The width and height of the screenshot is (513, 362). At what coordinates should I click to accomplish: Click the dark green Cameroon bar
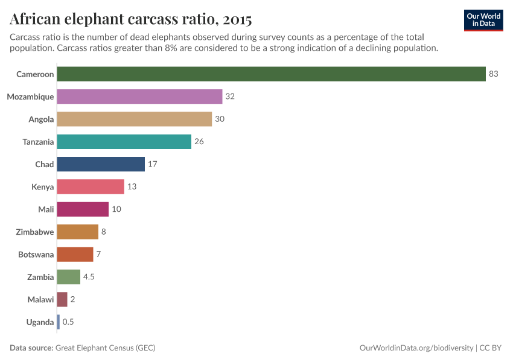click(x=272, y=74)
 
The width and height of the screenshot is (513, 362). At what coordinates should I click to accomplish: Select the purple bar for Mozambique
click(x=139, y=97)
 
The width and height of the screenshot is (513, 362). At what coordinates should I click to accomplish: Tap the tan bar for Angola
click(x=134, y=119)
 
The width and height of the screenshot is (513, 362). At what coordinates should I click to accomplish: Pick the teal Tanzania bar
click(x=124, y=142)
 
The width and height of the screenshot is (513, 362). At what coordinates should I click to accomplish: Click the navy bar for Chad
click(x=101, y=164)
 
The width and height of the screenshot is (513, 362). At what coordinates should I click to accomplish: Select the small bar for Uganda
click(x=59, y=322)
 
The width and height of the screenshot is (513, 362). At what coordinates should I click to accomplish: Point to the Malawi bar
click(x=62, y=300)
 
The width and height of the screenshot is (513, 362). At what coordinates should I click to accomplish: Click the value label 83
click(x=494, y=74)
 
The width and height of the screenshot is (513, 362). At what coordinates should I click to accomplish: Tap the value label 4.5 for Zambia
click(x=89, y=277)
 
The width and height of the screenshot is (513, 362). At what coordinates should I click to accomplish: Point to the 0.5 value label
click(x=68, y=322)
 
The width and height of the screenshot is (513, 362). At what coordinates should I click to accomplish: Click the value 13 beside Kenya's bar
click(x=132, y=187)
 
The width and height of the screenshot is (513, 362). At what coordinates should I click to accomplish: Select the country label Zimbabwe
click(x=36, y=232)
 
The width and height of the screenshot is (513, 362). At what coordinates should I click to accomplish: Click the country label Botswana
click(x=36, y=255)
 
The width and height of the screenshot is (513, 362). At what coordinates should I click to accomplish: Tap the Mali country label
click(x=45, y=209)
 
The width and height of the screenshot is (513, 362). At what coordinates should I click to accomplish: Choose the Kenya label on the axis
click(x=42, y=187)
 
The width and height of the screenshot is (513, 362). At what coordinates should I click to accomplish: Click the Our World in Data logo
click(x=483, y=20)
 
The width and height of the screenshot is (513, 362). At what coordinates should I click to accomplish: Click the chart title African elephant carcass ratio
click(x=130, y=19)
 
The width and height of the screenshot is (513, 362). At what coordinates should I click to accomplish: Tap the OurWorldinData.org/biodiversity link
click(x=416, y=348)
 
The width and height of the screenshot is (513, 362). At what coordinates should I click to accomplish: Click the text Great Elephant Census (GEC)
click(x=109, y=348)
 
